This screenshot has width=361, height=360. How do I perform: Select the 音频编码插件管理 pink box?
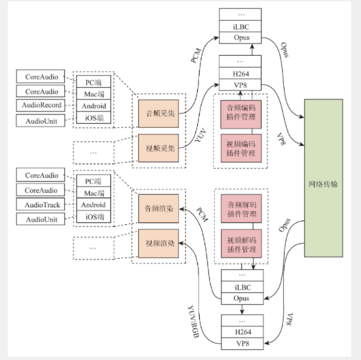pos(241,113)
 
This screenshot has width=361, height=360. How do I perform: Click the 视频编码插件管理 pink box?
pos(241,147)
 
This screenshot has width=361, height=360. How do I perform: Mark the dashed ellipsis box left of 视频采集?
pos(93,152)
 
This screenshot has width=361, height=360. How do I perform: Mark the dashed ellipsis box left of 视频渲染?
pos(93,248)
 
